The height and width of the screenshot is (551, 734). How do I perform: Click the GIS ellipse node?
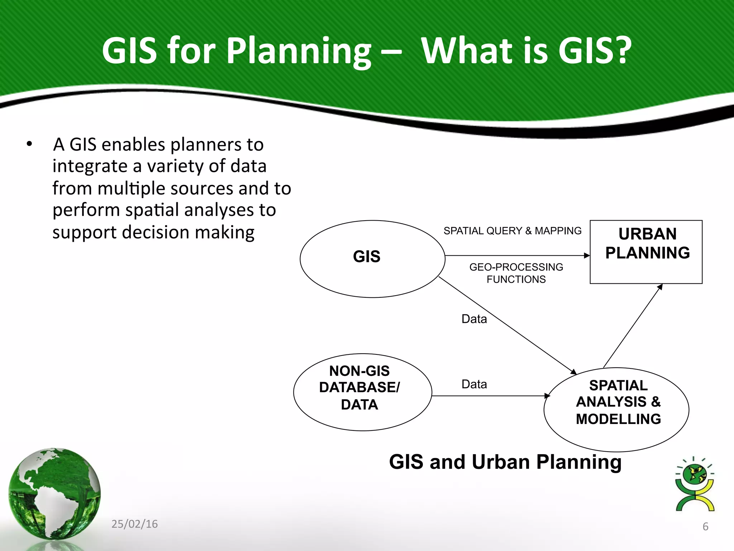click(x=372, y=259)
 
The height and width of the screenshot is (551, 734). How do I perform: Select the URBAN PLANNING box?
click(x=646, y=252)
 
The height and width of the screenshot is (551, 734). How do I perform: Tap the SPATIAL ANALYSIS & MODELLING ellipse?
click(x=616, y=409)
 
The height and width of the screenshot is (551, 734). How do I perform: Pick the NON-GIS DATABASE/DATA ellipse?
click(x=362, y=392)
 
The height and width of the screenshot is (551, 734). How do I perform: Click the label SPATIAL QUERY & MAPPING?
click(x=512, y=231)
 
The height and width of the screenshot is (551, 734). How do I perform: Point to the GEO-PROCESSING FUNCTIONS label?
click(x=516, y=273)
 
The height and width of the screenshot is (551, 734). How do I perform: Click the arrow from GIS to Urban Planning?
click(x=516, y=255)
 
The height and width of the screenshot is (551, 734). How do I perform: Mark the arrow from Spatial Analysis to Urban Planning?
click(x=633, y=326)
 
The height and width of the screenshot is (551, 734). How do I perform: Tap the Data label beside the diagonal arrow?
click(x=474, y=319)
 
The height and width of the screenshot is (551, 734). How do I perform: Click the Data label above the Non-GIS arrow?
click(x=474, y=384)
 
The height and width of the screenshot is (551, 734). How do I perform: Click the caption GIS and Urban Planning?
click(x=505, y=462)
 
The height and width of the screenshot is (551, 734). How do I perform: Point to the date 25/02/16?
click(x=134, y=524)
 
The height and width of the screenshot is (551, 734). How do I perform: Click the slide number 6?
click(x=705, y=526)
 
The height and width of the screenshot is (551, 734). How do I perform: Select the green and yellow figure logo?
click(x=695, y=484)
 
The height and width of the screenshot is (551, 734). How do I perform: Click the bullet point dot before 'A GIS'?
click(x=29, y=144)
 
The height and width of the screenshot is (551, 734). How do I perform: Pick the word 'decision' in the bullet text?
click(x=156, y=232)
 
